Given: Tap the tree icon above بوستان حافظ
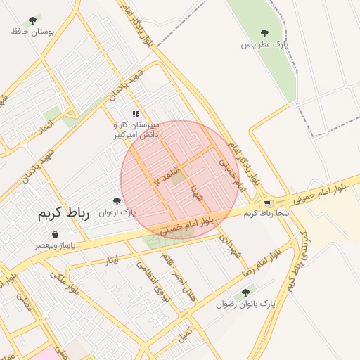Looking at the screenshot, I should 32,20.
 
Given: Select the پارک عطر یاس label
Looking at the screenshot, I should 265,44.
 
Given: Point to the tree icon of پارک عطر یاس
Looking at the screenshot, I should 264,32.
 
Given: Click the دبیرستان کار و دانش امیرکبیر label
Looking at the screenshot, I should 136,128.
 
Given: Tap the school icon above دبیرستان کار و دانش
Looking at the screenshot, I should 136,114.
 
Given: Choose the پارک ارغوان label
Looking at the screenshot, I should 117,212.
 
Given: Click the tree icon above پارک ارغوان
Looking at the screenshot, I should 117,201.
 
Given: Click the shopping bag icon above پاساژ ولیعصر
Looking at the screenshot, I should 55,235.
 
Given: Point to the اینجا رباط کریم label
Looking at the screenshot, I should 267,212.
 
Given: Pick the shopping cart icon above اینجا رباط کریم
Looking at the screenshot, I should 268,203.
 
